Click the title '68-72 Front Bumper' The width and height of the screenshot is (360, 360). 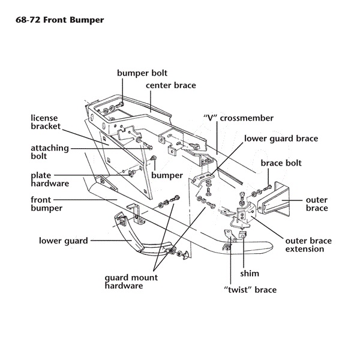coord(58,20)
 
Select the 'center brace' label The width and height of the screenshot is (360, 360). coord(171,86)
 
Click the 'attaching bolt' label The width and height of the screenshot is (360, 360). coord(49,152)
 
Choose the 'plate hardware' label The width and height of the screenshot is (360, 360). coord(49,179)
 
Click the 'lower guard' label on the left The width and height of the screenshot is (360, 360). coord(64,241)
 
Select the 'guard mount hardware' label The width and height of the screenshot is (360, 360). coord(131,282)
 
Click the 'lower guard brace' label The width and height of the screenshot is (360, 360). coord(281,139)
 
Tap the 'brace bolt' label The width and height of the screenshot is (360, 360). coord(281,163)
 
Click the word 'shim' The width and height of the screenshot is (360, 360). coord(249,273)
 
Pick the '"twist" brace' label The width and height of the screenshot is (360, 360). coord(249,290)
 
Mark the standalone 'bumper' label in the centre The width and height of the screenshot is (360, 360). coord(167,176)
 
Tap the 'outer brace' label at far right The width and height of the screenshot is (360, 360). coord(317,204)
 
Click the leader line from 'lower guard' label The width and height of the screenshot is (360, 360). coord(111,241)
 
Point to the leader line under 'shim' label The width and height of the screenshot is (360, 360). coord(243,255)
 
